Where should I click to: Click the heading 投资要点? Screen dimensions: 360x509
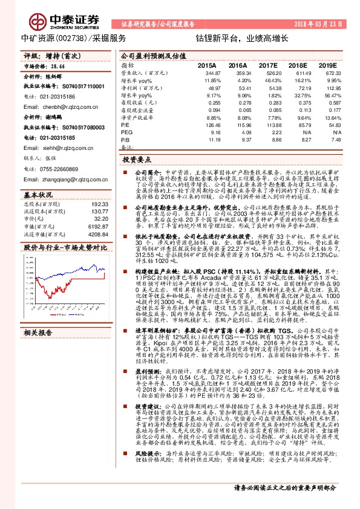point(136,162)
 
